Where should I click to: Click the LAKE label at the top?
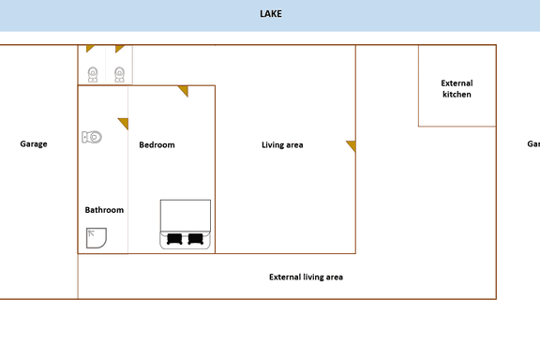270,14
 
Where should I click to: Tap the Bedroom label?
157,144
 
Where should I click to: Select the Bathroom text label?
104,210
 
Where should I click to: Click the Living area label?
282,144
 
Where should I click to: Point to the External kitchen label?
457,89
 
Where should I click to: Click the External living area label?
306,277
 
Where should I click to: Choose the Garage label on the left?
34,143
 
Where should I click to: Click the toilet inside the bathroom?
91,137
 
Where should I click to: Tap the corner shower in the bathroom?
96,238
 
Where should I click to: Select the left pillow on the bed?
174,238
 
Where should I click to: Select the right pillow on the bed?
195,238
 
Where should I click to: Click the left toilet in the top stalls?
92,74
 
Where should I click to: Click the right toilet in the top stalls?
120,74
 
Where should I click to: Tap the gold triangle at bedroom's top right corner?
184,90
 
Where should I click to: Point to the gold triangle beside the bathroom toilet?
123,122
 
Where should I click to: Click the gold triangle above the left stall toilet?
90,48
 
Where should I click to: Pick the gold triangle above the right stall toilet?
119,48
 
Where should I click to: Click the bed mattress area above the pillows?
185,215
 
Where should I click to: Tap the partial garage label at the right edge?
533,143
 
